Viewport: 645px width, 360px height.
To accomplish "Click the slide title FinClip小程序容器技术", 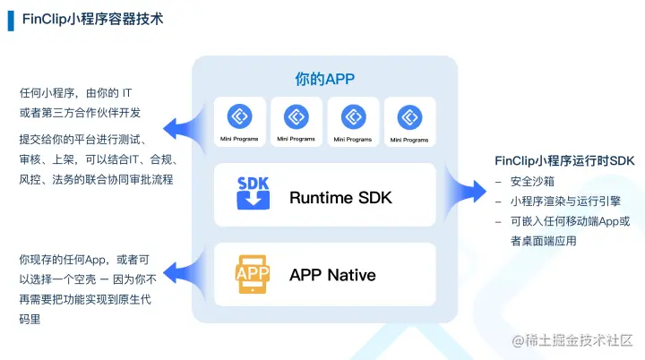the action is pyautogui.click(x=92, y=20).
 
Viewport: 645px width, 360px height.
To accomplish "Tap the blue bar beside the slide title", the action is pyautogui.click(x=11, y=21).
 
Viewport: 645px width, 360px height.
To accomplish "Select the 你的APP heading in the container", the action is pyautogui.click(x=324, y=79).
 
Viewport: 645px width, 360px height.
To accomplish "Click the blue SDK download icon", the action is pyautogui.click(x=253, y=193).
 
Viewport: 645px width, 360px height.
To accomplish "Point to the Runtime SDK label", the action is pyautogui.click(x=340, y=198).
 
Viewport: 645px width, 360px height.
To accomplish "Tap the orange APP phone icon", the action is pyautogui.click(x=253, y=274).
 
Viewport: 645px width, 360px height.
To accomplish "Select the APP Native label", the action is pyautogui.click(x=332, y=275).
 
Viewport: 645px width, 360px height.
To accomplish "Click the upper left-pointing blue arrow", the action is pyautogui.click(x=185, y=129).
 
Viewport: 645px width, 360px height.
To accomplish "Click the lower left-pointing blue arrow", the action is pyautogui.click(x=185, y=273).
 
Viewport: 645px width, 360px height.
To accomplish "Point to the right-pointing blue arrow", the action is pyautogui.click(x=465, y=191).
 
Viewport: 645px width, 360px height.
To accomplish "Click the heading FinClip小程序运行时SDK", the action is pyautogui.click(x=564, y=160).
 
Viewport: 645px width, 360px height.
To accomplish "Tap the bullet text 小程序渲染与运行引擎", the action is pyautogui.click(x=565, y=201).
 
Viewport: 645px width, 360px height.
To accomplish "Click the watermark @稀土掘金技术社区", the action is pyautogui.click(x=572, y=340).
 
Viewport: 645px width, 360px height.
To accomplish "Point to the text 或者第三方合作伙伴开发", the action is pyautogui.click(x=80, y=113).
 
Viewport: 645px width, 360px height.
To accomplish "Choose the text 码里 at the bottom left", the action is pyautogui.click(x=30, y=320).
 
